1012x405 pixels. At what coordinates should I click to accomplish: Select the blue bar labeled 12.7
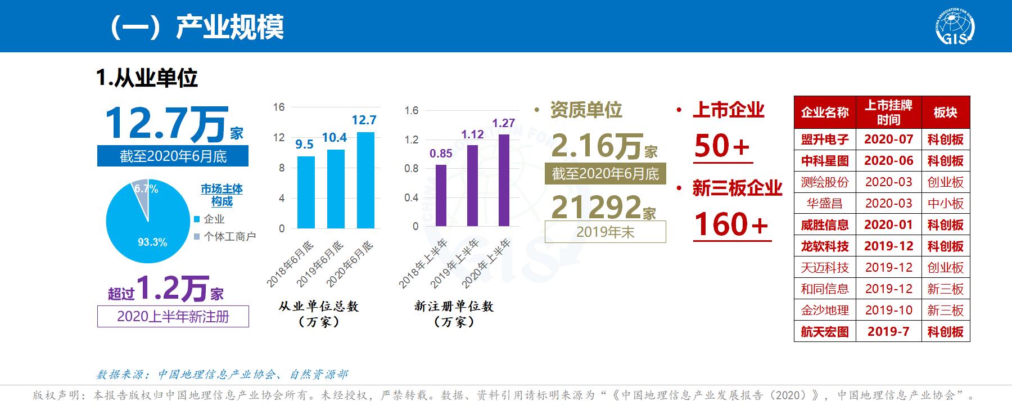pos(365,180)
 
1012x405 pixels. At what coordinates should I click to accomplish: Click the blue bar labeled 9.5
pos(306,192)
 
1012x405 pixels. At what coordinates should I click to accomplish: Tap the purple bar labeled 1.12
pos(472,186)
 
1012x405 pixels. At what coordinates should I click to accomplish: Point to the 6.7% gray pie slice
pos(142,194)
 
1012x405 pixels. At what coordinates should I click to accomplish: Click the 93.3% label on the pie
pos(152,242)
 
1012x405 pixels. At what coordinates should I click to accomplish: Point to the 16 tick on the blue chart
pos(279,107)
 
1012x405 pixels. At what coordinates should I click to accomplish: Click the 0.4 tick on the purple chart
pos(412,197)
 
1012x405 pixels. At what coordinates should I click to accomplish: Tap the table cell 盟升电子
pos(825,139)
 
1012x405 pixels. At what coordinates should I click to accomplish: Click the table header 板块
pos(945,112)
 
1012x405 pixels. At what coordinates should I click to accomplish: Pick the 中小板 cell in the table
pos(945,204)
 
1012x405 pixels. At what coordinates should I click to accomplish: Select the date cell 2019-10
pos(888,310)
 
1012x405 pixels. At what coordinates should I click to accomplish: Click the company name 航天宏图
pos(825,332)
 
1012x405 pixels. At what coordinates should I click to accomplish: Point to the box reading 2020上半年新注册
pos(173,317)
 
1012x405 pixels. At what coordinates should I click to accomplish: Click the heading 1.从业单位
pos(147,78)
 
